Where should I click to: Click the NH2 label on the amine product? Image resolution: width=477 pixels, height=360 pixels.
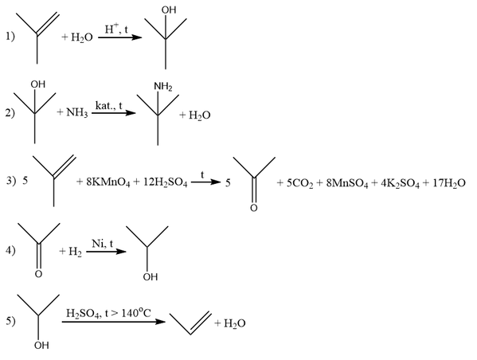pos(163,87)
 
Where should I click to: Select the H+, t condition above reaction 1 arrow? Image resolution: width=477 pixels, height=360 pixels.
pos(116,29)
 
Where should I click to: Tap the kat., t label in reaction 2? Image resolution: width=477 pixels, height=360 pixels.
pos(108,106)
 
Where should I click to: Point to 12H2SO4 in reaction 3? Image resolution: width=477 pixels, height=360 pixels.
pos(165,182)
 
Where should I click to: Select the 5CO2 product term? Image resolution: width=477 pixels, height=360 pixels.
pos(299,183)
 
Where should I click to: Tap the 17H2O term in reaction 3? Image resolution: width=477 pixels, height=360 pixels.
pos(448,183)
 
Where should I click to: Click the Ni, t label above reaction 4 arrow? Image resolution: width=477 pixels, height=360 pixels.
pos(102,244)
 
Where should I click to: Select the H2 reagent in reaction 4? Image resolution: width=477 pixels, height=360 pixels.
pos(75,252)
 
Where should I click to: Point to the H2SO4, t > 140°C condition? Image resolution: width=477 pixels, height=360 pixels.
pos(108,313)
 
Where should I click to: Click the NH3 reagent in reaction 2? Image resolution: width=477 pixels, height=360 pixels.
pos(77,113)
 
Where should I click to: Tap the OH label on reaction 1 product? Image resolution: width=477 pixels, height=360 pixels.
pos(169,10)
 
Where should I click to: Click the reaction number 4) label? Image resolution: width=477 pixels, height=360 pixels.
pos(10,250)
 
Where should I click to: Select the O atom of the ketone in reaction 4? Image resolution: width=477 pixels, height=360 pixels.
pos(38,274)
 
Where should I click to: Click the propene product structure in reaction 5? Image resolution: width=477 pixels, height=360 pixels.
pos(190,323)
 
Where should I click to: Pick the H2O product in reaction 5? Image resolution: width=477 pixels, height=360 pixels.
pos(235,323)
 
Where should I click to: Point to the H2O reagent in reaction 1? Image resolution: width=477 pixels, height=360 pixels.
pos(82,37)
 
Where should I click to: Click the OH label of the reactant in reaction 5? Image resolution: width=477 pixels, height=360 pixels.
pos(41,346)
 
